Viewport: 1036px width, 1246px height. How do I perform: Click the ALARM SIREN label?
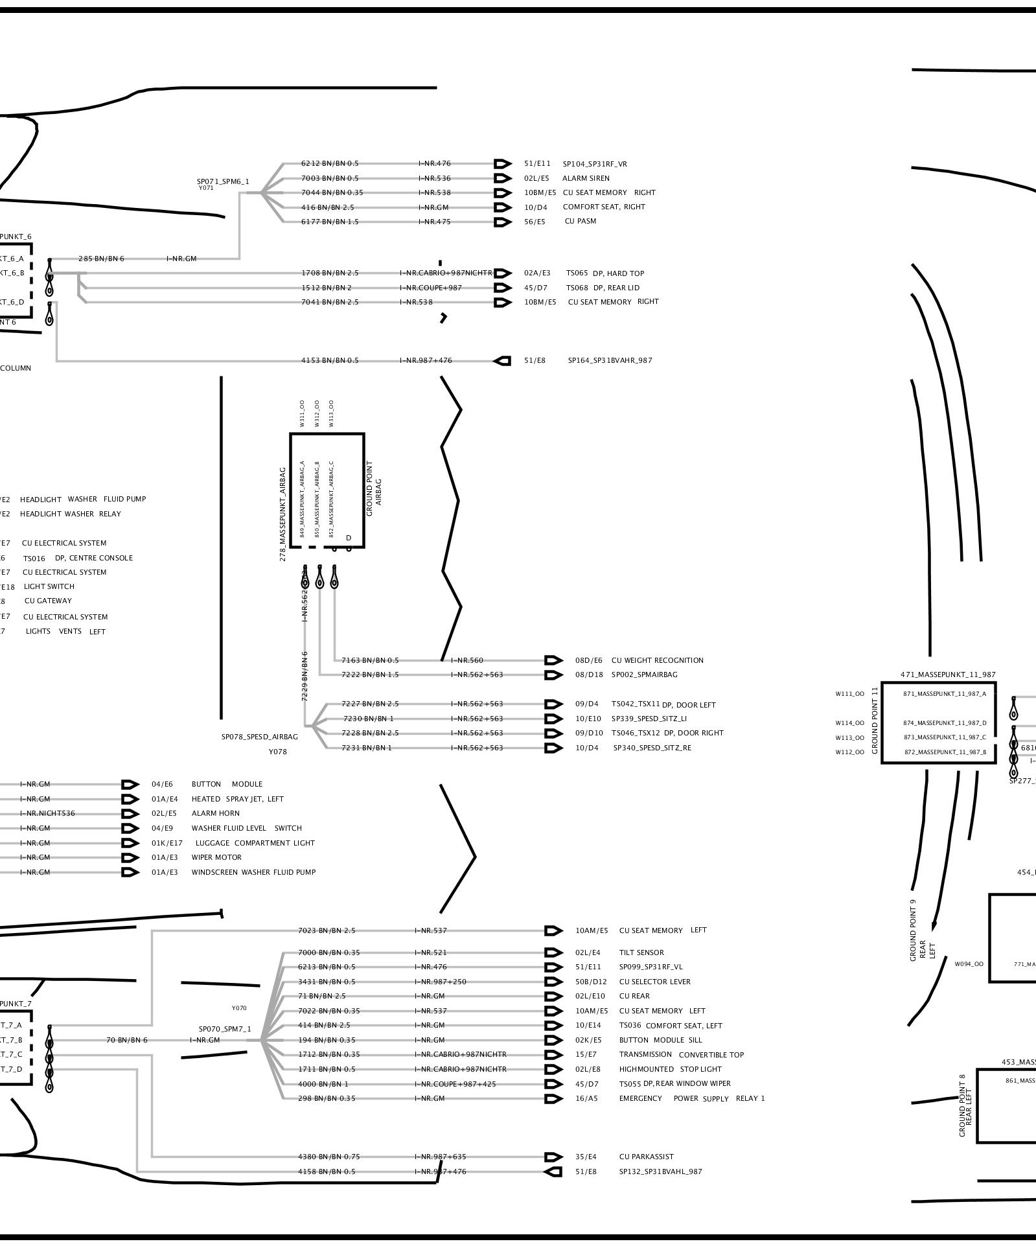click(586, 178)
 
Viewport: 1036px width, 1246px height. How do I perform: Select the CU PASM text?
click(581, 221)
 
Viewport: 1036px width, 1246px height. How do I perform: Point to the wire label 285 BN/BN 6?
click(101, 259)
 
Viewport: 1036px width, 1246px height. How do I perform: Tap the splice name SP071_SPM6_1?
click(223, 181)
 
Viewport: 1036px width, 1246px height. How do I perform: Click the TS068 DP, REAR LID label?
click(603, 288)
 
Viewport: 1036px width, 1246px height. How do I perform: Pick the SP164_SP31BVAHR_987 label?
click(610, 360)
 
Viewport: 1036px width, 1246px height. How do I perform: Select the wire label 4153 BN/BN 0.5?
click(330, 360)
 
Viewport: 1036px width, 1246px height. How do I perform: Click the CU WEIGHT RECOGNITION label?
click(657, 660)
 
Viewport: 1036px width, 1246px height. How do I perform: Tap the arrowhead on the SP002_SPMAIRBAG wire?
click(553, 675)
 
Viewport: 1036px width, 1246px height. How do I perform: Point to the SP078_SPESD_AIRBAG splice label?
click(260, 737)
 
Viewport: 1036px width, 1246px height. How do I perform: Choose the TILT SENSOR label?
click(641, 952)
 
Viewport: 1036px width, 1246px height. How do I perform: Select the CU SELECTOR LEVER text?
click(654, 982)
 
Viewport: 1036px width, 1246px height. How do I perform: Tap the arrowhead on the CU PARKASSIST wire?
click(553, 1157)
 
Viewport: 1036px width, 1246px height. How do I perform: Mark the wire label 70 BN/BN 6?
click(127, 1040)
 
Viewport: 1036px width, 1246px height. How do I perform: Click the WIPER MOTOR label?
click(216, 857)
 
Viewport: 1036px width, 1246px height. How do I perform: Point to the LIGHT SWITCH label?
click(49, 586)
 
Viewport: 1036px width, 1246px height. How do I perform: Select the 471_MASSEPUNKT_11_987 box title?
click(948, 675)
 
